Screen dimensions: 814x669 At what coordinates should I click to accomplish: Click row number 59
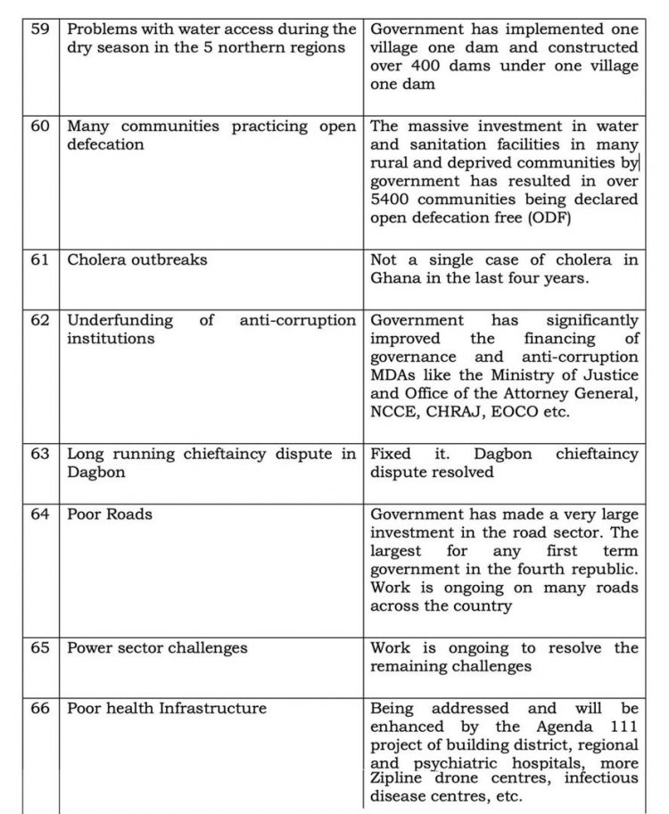pyautogui.click(x=40, y=29)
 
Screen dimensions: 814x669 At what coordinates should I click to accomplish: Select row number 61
pyautogui.click(x=40, y=260)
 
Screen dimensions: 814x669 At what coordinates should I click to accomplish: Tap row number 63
pyautogui.click(x=40, y=454)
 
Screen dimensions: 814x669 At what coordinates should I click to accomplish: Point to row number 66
pyautogui.click(x=40, y=709)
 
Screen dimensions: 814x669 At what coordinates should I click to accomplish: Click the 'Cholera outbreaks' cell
pyautogui.click(x=137, y=260)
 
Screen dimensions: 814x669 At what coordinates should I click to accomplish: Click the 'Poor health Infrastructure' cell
pyautogui.click(x=167, y=709)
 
